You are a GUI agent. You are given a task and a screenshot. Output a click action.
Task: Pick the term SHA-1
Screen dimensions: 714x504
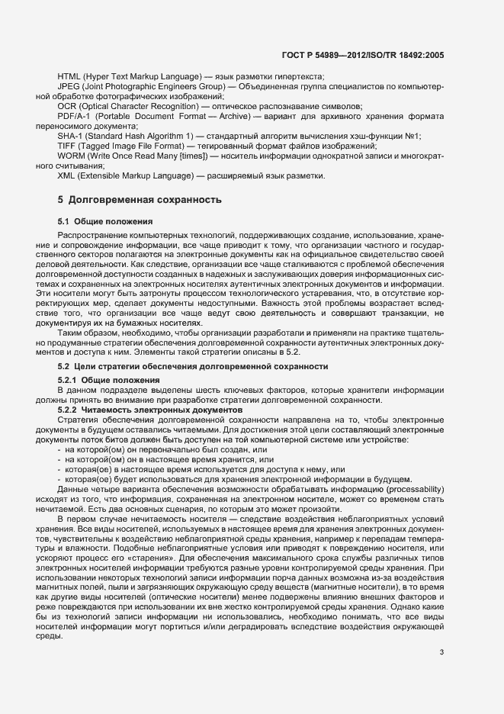[x=70, y=136]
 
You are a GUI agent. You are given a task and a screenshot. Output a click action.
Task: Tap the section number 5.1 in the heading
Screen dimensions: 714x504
[x=64, y=221]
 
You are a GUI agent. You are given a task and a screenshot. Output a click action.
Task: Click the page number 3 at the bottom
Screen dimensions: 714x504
[x=441, y=652]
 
